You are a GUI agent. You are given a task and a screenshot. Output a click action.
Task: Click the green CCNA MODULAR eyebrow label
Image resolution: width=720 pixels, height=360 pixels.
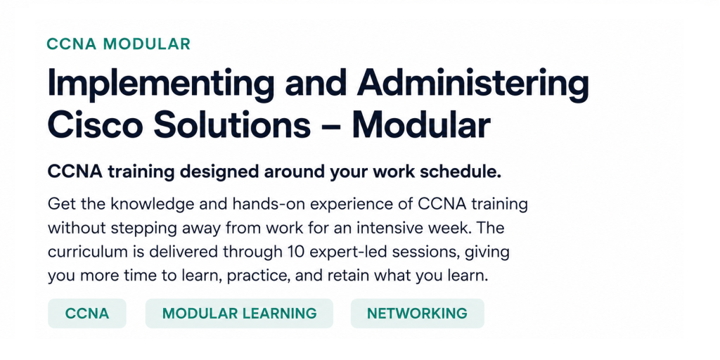tap(118, 44)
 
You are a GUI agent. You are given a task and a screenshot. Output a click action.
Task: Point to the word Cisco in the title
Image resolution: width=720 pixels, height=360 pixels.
tap(95, 124)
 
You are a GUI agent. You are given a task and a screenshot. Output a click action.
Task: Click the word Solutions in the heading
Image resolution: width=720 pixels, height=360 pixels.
tap(232, 124)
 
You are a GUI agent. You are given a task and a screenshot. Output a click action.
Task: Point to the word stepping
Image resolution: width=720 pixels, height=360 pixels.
tap(133, 229)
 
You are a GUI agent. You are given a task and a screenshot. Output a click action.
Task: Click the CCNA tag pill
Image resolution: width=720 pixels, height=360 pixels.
tap(87, 314)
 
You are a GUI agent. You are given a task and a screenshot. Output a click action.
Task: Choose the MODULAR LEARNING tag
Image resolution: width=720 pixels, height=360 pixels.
tap(239, 314)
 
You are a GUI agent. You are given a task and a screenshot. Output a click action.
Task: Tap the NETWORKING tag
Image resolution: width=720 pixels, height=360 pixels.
tap(418, 314)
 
